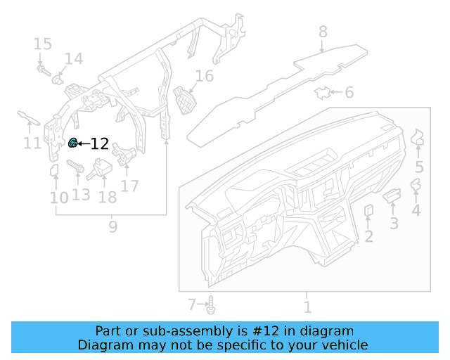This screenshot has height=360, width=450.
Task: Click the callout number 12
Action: (100, 144)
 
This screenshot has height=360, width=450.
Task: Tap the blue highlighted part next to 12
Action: (72, 143)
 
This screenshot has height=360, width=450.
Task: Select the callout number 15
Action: (42, 44)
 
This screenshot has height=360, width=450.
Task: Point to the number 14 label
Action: (73, 59)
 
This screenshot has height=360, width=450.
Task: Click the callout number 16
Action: (204, 77)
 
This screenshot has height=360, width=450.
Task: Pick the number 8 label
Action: (323, 32)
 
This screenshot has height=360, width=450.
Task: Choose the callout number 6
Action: (349, 92)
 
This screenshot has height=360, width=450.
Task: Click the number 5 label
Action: (419, 167)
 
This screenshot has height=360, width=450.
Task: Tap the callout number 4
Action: (416, 210)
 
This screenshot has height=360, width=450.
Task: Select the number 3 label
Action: (394, 224)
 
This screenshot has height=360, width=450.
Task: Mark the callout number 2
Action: (368, 236)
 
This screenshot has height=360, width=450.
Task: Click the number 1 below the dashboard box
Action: (307, 307)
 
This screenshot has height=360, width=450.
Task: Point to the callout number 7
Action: (192, 305)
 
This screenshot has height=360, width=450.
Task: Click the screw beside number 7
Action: (212, 306)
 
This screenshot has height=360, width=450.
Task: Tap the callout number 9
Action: (112, 226)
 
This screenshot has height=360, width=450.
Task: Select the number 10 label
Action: (59, 198)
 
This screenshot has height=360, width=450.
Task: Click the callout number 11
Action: (31, 143)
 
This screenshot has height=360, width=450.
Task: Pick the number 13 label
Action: (81, 193)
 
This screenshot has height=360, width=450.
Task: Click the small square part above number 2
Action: (368, 211)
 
